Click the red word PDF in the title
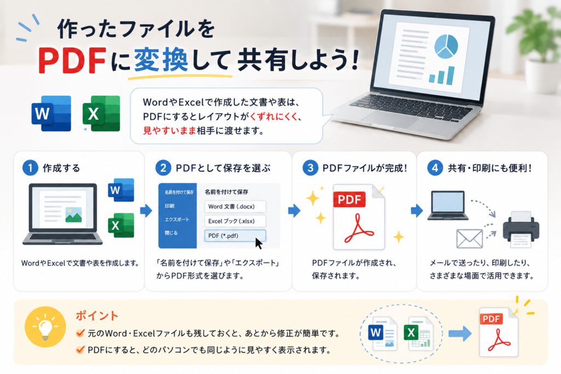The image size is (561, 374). [72, 60]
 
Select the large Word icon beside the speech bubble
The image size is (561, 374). [51, 113]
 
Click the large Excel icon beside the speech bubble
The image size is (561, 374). [101, 113]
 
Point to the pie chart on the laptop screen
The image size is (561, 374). [446, 47]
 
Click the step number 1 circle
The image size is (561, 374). [31, 168]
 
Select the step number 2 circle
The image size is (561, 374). [163, 168]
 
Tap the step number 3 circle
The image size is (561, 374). [310, 168]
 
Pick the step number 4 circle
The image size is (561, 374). [435, 168]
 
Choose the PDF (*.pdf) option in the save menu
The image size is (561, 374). [234, 235]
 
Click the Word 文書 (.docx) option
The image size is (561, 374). [234, 206]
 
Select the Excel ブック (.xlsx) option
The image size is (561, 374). [234, 221]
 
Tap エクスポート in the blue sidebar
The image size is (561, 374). [177, 219]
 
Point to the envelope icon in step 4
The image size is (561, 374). [470, 239]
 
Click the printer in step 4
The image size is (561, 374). [521, 229]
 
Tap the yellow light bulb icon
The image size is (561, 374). [45, 327]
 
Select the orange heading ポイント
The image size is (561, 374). [97, 316]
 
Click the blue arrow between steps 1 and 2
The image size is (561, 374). [146, 211]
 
